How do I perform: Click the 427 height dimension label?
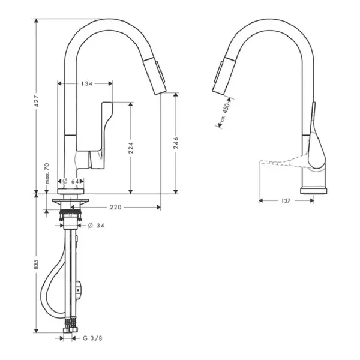tap(36, 101)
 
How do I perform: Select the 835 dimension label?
tap(36, 264)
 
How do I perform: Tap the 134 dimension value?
tap(86, 83)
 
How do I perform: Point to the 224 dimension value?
tap(130, 148)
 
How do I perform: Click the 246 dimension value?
tap(176, 143)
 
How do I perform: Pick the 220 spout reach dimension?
tap(115, 208)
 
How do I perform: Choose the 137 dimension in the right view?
tap(286, 201)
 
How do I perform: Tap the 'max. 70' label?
tap(47, 173)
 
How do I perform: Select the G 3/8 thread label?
tap(92, 338)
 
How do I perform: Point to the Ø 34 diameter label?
tap(96, 226)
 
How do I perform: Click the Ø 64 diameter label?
tap(71, 181)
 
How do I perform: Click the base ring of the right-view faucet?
tap(314, 191)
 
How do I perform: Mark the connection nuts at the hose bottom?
tap(71, 329)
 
